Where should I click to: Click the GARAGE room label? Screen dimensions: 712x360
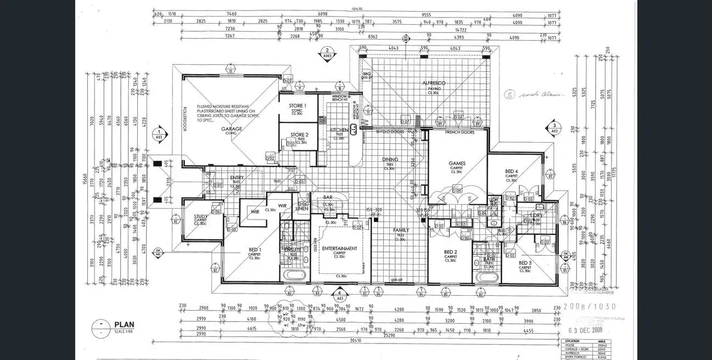point(232,129)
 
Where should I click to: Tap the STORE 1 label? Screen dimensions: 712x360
point(298,105)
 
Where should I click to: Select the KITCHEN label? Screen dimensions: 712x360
point(339,130)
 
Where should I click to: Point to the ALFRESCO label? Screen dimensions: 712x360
point(434,83)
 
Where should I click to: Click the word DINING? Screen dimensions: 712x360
point(390,160)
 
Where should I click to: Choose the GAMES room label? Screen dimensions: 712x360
point(457,163)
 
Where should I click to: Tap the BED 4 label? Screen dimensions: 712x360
point(512,171)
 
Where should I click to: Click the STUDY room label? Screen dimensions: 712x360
point(201,217)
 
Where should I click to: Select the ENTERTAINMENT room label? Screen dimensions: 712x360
point(339,249)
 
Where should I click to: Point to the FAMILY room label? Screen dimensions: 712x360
point(401,230)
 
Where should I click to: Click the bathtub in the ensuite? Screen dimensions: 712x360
point(295,274)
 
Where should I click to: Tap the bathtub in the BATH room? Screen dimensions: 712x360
point(486,276)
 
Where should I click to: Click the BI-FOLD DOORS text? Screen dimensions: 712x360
point(390,132)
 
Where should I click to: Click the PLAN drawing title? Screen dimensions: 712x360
point(124,324)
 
